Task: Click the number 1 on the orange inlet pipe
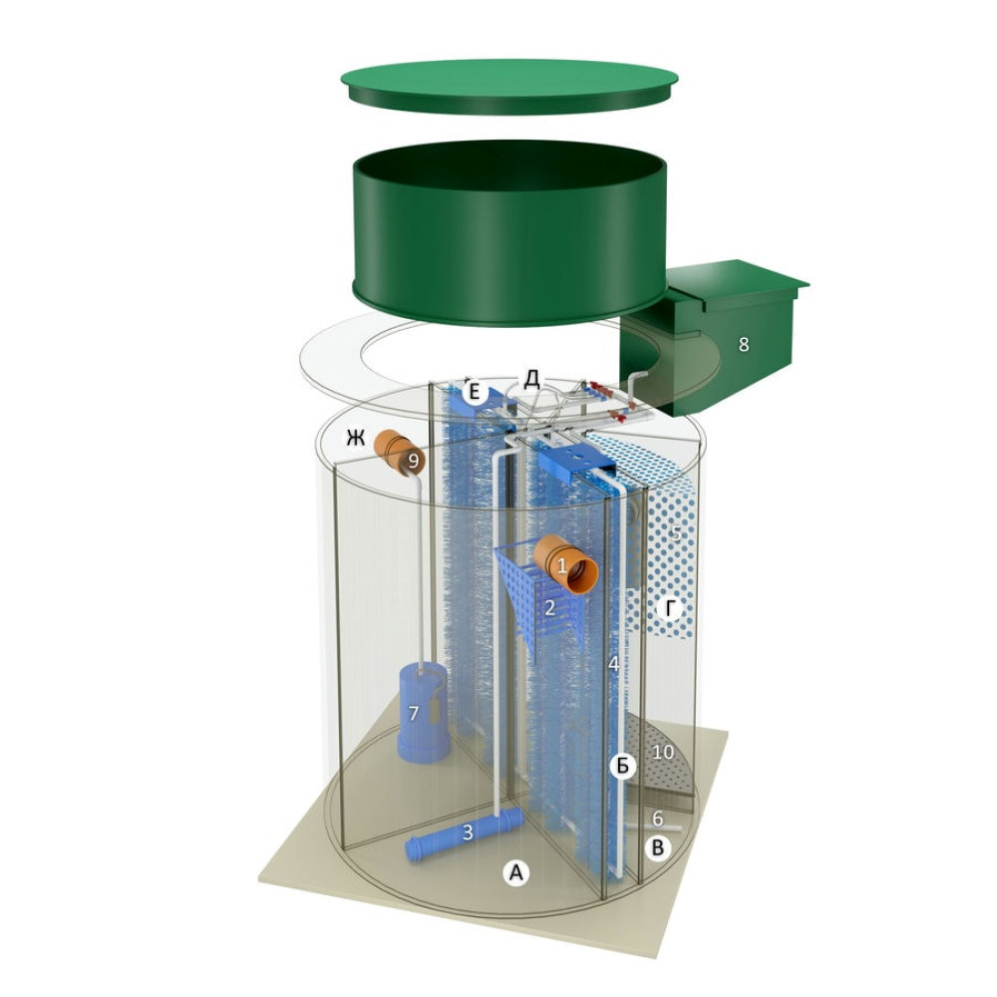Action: click(x=562, y=564)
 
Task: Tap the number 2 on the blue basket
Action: click(x=550, y=607)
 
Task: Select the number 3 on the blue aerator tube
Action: click(x=468, y=831)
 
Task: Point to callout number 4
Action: click(x=613, y=664)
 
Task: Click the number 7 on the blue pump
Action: click(x=414, y=713)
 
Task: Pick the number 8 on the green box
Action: click(x=744, y=344)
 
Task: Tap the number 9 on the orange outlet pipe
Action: click(x=414, y=461)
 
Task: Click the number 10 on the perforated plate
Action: click(x=663, y=752)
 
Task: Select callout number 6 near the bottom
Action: click(x=658, y=818)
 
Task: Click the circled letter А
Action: click(x=516, y=873)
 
